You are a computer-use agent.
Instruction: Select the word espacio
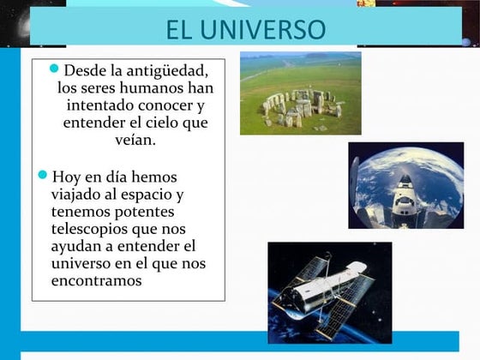(154, 194)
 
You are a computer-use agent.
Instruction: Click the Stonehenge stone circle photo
(300, 93)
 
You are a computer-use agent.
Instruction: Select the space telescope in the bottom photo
(330, 292)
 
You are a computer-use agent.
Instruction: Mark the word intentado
(97, 105)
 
